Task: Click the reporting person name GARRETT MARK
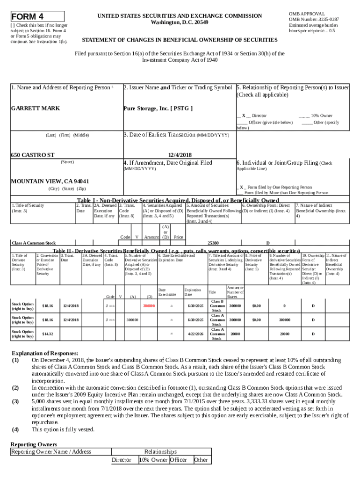coord(35,108)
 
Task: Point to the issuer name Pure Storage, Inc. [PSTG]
coord(158,108)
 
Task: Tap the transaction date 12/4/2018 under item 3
coord(180,154)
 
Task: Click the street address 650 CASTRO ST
coord(32,154)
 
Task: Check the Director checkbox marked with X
coord(244,115)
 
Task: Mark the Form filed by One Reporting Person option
coord(242,187)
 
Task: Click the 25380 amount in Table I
coord(213,243)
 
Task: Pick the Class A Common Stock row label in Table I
coord(33,243)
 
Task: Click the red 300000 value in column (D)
coord(149,306)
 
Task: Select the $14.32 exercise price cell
coord(47,334)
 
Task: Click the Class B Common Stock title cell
coord(216,306)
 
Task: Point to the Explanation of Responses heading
coord(44,353)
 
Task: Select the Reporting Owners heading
coord(34,444)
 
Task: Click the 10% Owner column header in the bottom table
coord(153,460)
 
